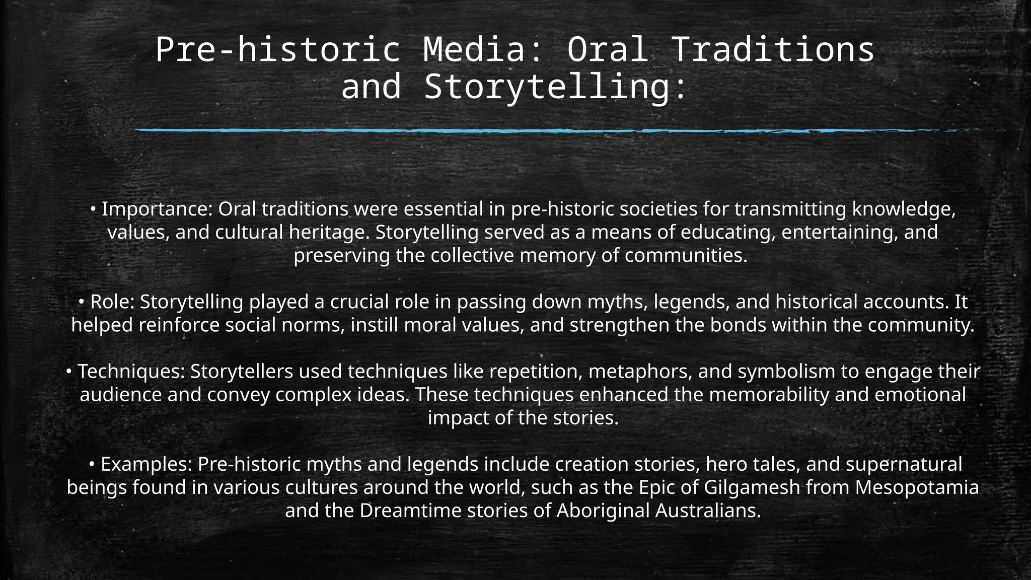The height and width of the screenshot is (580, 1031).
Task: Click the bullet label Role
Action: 112,302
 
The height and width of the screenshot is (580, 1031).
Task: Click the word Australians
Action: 708,511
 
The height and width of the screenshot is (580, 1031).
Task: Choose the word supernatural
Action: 904,464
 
